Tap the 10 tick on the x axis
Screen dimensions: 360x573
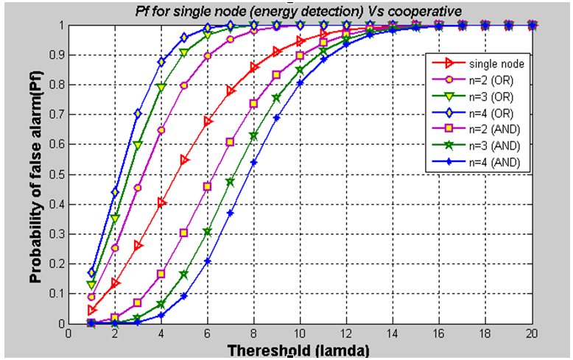tap(300, 333)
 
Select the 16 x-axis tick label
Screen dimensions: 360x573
tap(439, 333)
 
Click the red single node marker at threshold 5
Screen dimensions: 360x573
tap(184, 160)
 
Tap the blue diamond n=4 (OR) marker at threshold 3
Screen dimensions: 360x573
tap(138, 113)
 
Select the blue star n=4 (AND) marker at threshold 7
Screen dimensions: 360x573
tap(231, 213)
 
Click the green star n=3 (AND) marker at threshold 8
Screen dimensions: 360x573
tap(253, 135)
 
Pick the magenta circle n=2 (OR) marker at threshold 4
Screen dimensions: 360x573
tap(161, 130)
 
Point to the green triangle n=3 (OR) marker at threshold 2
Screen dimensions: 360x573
tap(115, 218)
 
